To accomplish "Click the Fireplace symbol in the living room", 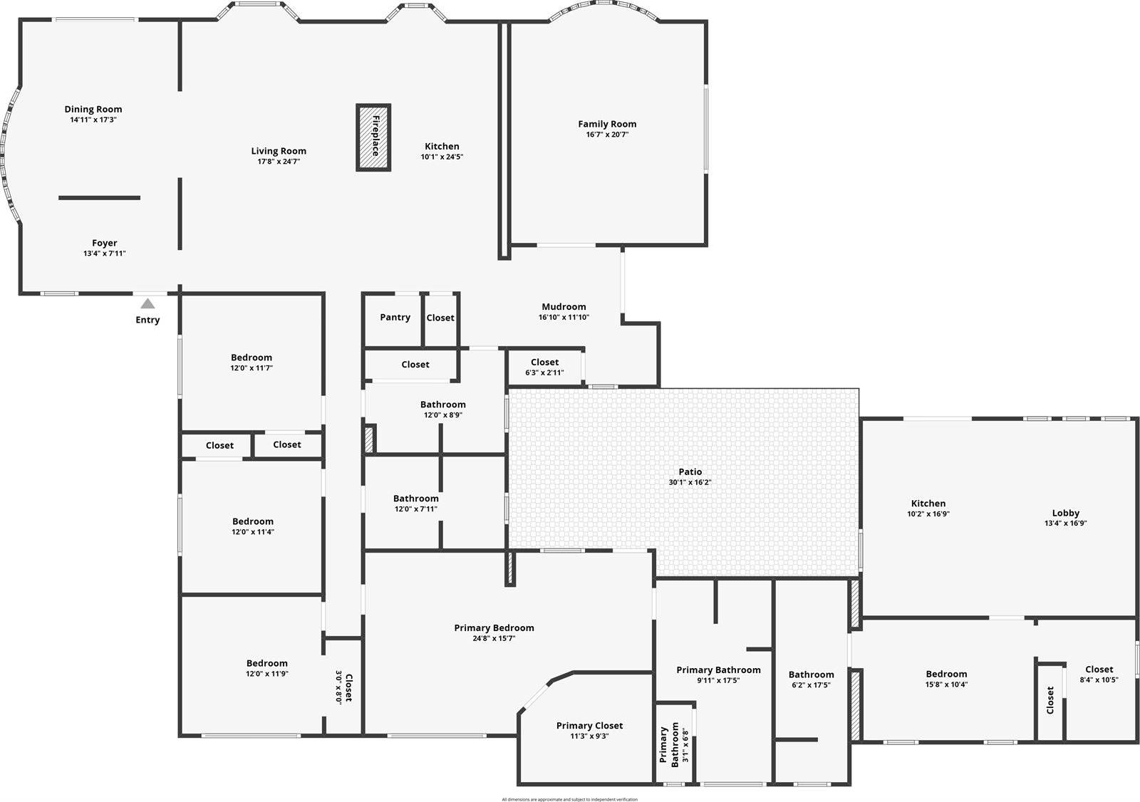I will (x=373, y=137).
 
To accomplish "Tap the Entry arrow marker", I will (x=147, y=303).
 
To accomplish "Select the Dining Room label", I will (x=93, y=109).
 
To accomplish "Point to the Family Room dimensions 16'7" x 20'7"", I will (x=607, y=135).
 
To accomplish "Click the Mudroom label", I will (x=564, y=307).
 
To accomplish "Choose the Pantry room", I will (x=395, y=318).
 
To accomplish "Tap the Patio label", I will (x=690, y=472).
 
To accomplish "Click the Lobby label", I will (x=1065, y=513).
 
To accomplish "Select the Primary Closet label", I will (x=589, y=726).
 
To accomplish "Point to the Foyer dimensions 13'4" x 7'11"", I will (x=105, y=254).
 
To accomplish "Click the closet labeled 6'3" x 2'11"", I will (x=544, y=367).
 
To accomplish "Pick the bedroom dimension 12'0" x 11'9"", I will (x=267, y=674).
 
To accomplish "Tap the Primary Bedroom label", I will (x=494, y=627).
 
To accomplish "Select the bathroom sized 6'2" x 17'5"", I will (x=811, y=679).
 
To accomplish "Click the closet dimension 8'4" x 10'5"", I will (x=1099, y=679).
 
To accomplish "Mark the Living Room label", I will (x=279, y=151).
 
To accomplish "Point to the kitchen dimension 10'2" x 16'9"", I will (x=928, y=514).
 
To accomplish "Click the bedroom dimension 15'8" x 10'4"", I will (x=946, y=684).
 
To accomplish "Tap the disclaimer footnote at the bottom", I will (x=569, y=799).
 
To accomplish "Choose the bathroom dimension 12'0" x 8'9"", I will (x=443, y=415).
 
